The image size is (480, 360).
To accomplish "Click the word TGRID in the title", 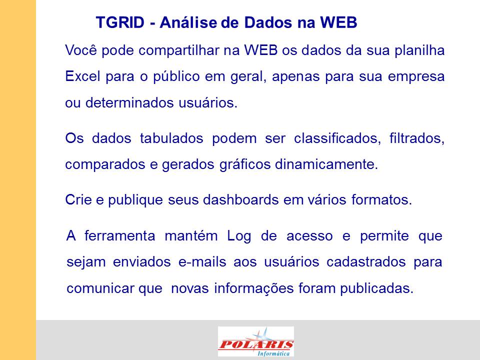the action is pos(120,22).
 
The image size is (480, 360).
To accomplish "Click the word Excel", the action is pos(82,76).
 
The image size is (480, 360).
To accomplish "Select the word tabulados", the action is pos(171,138).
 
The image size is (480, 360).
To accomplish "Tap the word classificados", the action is pos(337,138).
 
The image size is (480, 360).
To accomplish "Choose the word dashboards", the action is pos(241,200).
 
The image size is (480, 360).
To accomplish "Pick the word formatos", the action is pos(381,200).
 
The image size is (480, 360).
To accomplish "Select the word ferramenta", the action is pos(119,236).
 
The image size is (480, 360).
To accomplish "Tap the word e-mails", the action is pos(202,262).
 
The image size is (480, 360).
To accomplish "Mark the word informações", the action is pos(254,288).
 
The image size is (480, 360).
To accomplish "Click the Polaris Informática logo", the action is pos(256,341).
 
